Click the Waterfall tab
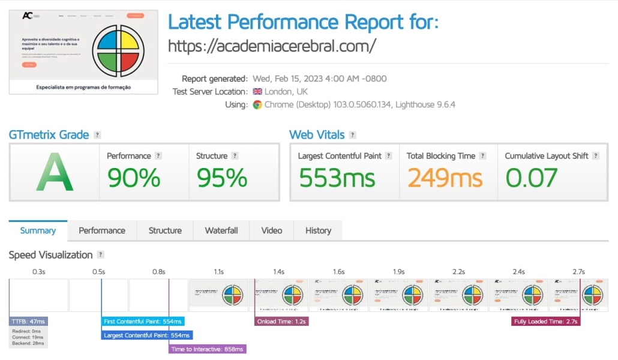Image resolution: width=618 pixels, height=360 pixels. (x=221, y=230)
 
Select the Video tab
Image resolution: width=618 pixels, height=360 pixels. (x=272, y=230)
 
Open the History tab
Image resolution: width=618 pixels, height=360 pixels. (x=318, y=230)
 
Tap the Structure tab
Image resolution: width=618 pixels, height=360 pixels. (x=165, y=230)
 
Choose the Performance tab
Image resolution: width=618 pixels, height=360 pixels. (x=102, y=230)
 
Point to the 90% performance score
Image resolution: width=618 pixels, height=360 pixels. (x=134, y=178)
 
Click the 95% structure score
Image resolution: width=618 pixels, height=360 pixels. (x=221, y=178)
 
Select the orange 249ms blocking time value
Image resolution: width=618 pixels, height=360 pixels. (x=445, y=178)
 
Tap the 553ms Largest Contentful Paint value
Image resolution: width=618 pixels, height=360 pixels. (x=337, y=178)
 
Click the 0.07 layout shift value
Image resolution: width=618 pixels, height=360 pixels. (x=532, y=178)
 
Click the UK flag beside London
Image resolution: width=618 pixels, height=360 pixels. (x=257, y=92)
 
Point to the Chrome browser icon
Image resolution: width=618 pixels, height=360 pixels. (x=257, y=104)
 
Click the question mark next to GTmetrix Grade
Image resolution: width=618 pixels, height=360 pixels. (x=97, y=135)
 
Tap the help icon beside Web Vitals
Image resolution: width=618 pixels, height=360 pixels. (x=352, y=135)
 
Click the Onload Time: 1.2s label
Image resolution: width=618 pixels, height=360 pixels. (x=281, y=322)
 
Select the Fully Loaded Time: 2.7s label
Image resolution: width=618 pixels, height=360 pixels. (x=545, y=322)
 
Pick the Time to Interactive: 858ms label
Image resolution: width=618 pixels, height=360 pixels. (x=208, y=349)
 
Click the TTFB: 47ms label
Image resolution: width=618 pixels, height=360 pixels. (x=28, y=322)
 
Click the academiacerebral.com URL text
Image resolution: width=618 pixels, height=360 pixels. (x=272, y=46)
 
